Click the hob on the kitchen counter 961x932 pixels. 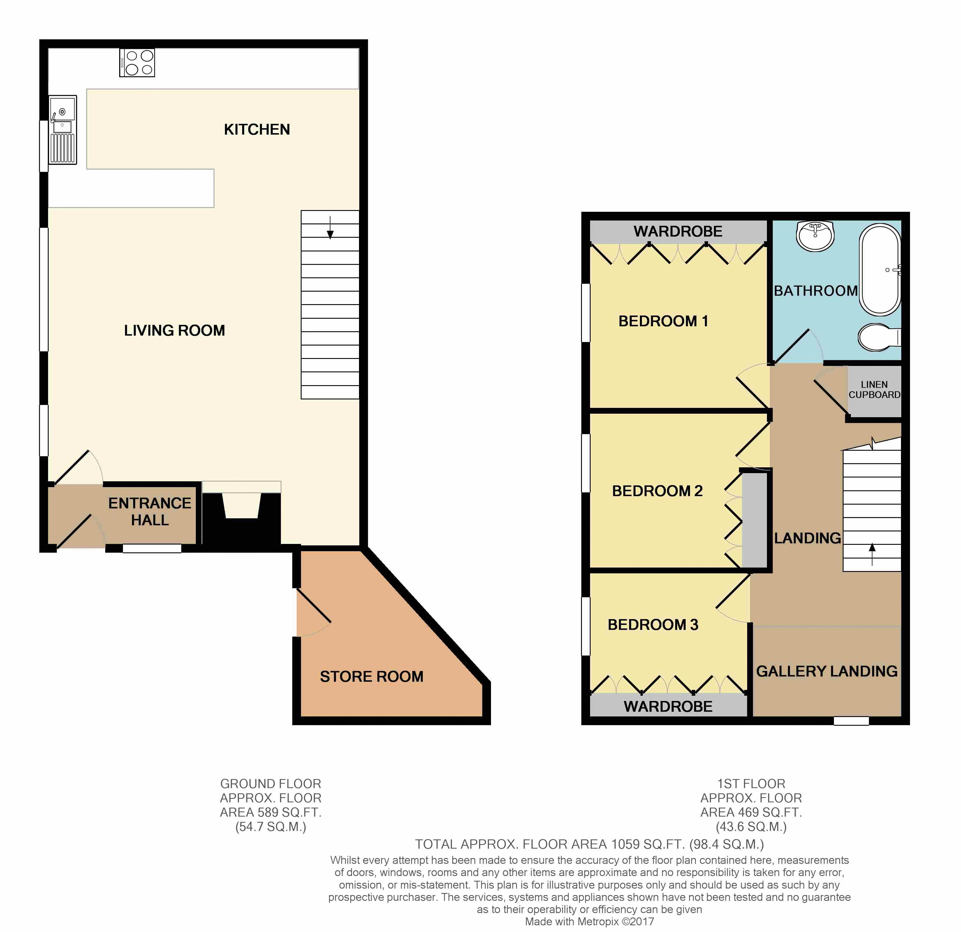[x=137, y=62]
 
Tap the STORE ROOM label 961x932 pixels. [x=371, y=676]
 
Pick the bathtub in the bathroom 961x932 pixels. [x=881, y=270]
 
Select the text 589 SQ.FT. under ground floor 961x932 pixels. [x=286, y=812]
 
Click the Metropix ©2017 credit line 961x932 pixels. [x=589, y=921]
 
